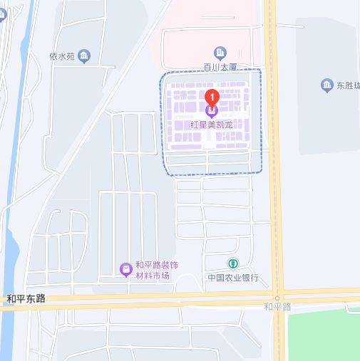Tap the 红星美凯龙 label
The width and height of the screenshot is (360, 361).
point(212,124)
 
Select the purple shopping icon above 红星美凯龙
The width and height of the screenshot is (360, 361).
point(212,110)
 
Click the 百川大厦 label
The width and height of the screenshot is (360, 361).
point(220,68)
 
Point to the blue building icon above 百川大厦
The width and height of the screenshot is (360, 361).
point(220,52)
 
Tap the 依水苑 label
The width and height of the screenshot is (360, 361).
point(61,56)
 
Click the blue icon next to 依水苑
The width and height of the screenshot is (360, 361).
point(84,56)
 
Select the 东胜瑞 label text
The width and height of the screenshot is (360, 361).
point(348,86)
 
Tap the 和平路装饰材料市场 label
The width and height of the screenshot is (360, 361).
point(156,271)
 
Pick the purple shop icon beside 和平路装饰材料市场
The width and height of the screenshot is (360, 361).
point(125,268)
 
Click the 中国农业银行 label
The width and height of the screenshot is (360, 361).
point(232,278)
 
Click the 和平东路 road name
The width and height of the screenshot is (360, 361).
point(26,299)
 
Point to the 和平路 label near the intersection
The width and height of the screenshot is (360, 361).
point(277,307)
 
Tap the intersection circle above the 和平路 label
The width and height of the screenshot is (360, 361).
point(277,297)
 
